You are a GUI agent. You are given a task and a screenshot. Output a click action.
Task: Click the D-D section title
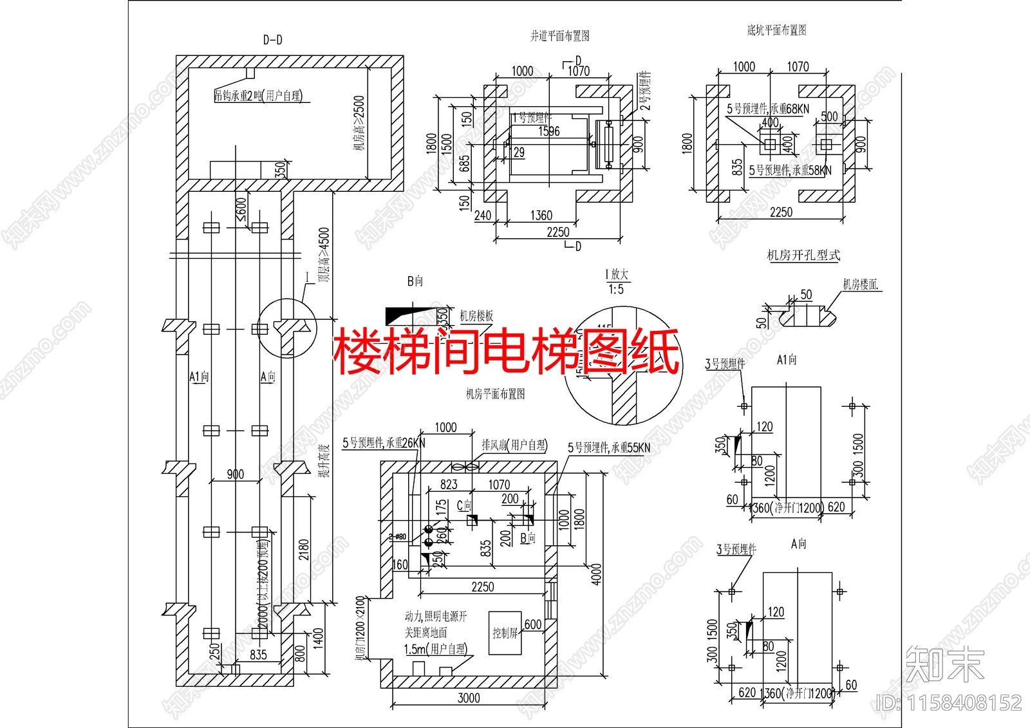[x=272, y=40]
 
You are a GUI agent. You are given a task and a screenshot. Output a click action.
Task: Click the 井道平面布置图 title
[x=559, y=36]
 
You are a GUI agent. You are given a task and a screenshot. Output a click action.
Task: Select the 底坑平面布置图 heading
[x=776, y=30]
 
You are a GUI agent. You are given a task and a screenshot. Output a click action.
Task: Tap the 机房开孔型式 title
[x=803, y=256]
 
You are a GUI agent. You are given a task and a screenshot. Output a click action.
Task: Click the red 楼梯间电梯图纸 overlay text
[x=506, y=351]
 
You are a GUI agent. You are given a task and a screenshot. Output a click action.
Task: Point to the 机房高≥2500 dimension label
[x=359, y=123]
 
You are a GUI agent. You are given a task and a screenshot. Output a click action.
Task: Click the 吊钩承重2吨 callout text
[x=258, y=96]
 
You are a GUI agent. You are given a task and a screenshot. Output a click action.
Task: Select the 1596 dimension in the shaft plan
[x=549, y=131]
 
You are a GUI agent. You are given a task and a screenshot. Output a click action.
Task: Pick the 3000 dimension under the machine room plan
[x=468, y=698]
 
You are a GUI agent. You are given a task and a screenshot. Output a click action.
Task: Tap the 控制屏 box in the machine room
[x=505, y=633]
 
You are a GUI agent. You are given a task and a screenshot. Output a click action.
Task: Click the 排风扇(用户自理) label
[x=514, y=445]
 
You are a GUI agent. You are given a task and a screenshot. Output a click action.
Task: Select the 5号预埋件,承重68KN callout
[x=768, y=109]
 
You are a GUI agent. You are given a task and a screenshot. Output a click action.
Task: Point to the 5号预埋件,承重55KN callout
[x=608, y=447]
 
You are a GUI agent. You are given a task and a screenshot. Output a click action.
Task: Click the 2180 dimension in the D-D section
[x=304, y=549]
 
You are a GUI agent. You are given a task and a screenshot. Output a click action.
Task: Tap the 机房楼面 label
[x=861, y=285]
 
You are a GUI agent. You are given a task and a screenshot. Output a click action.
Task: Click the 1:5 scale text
[x=616, y=290]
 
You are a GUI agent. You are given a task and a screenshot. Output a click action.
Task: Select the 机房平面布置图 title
[x=495, y=394]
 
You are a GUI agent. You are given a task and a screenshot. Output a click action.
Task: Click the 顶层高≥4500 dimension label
[x=324, y=255]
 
